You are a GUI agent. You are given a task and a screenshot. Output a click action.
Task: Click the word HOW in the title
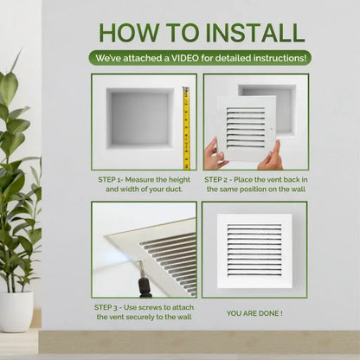pyautogui.click(x=131, y=32)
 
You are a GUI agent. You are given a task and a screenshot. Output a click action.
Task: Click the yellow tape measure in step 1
pyautogui.click(x=185, y=125)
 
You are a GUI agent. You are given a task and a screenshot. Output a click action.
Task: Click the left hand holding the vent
pyautogui.click(x=214, y=154)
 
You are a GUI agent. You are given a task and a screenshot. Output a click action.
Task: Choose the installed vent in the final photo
pyautogui.click(x=254, y=250)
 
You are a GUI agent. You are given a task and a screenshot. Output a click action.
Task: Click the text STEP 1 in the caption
pyautogui.click(x=112, y=178)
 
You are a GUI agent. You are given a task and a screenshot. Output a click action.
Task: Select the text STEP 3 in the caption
pyautogui.click(x=111, y=307)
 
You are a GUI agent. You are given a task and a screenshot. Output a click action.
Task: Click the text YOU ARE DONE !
pyautogui.click(x=254, y=312)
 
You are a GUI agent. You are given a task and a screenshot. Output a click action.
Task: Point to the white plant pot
pyautogui.click(x=16, y=311)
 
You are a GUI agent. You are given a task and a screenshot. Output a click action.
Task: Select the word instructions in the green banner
pyautogui.click(x=277, y=59)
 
